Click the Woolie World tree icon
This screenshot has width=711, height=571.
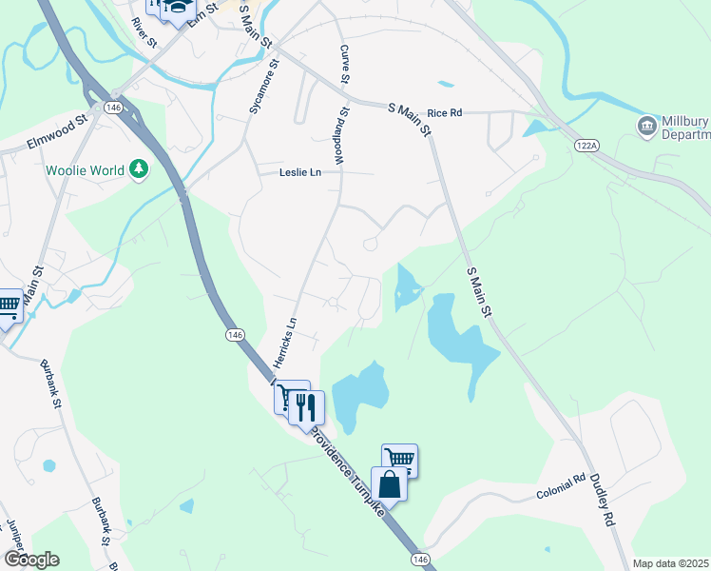tap(140, 169)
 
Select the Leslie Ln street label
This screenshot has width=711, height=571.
tap(300, 172)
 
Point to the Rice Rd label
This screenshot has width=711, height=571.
tap(444, 112)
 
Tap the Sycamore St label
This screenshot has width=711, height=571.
tap(264, 88)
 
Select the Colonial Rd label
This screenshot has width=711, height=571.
tap(560, 489)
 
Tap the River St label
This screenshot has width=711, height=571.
tap(144, 31)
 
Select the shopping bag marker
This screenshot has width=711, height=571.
tap(390, 482)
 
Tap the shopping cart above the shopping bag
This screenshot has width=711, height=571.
tap(400, 459)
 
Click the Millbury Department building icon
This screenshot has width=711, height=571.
tap(647, 125)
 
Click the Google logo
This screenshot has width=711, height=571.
tap(31, 560)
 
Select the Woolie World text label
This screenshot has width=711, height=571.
tap(86, 170)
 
